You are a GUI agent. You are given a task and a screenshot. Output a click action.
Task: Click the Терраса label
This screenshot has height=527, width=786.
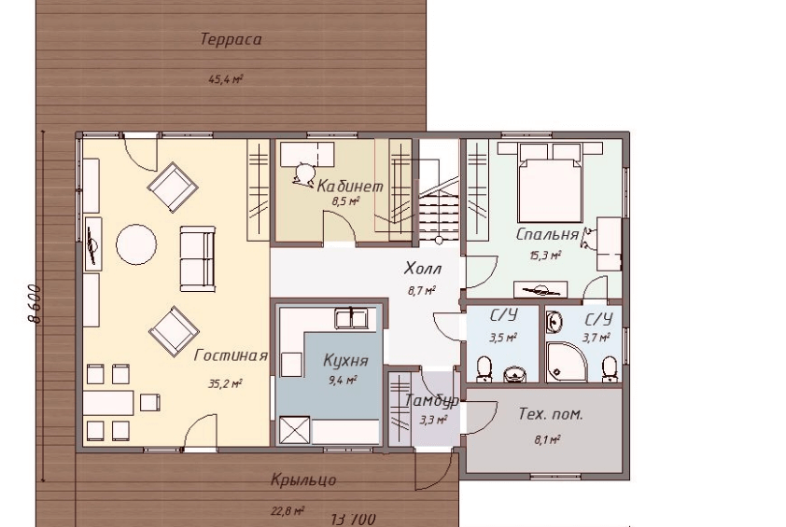tap(232, 39)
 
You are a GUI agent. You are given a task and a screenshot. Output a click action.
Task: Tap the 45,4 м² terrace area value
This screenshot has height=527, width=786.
tap(226, 79)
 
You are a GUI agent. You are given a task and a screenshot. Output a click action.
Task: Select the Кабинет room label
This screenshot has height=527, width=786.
tap(350, 187)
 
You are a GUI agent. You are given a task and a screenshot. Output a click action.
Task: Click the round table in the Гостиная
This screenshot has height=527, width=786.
tap(136, 244)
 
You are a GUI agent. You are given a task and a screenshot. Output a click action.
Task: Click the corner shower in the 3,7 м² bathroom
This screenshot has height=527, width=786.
tap(564, 362)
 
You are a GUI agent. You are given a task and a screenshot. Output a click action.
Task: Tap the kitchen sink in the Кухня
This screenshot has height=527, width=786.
tap(351, 319)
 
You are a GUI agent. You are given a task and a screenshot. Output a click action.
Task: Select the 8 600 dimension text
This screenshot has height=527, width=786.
tap(34, 304)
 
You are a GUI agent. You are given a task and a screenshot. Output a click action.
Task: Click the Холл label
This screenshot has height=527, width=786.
tap(423, 269)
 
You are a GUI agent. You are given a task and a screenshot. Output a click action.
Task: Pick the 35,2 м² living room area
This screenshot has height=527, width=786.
tap(226, 384)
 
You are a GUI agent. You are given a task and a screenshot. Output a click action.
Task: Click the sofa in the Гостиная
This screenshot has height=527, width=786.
tap(198, 258)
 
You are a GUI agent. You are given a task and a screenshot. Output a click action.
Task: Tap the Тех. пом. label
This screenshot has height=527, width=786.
tap(551, 414)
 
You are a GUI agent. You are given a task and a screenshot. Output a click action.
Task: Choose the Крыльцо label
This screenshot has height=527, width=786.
tap(303, 480)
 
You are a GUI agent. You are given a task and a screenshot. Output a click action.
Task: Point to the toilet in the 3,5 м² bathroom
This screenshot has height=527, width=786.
tap(484, 368)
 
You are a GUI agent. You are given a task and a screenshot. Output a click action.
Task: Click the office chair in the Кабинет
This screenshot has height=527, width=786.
tap(302, 173)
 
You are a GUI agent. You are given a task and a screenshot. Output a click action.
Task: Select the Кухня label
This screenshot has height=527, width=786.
tap(346, 361)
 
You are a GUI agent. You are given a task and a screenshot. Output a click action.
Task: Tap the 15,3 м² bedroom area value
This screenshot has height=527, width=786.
tap(545, 256)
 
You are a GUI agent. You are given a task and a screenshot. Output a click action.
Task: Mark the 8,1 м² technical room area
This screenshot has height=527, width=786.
tap(546, 440)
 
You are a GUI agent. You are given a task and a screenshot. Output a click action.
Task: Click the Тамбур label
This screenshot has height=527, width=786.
tap(431, 401)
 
